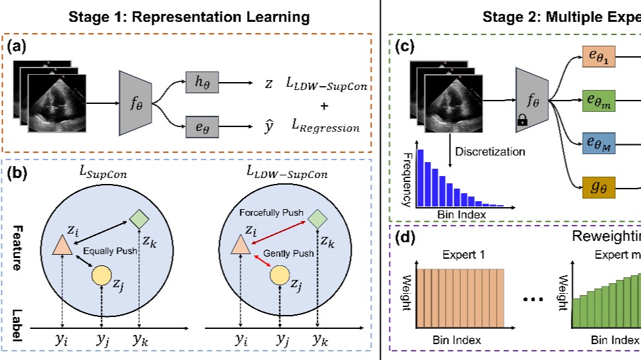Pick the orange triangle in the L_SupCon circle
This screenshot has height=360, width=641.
pos(62,246)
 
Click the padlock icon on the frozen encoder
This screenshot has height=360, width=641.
pos(522,120)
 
